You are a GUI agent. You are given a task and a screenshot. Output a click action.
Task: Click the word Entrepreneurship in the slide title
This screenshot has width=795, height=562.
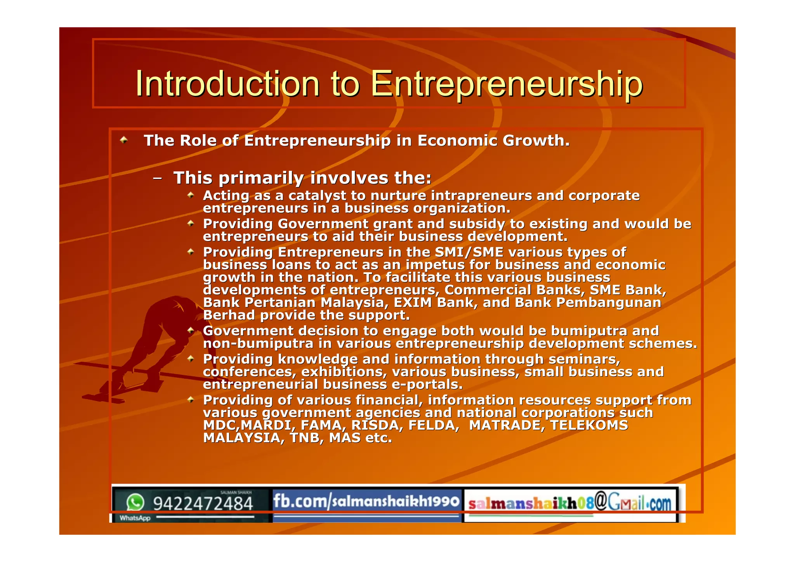[506, 85]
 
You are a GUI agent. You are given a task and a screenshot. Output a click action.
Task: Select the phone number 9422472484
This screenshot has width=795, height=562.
[203, 503]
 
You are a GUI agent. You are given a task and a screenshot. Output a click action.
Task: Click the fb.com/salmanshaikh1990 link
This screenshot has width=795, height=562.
[366, 501]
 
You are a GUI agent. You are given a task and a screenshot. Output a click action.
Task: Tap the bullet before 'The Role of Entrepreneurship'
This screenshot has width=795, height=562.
[124, 140]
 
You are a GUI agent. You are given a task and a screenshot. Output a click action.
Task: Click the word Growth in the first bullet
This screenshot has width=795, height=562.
[536, 140]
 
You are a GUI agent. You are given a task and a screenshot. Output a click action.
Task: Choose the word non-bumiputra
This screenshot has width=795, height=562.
[258, 343]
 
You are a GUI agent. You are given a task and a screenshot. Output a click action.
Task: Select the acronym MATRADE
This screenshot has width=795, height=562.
[505, 425]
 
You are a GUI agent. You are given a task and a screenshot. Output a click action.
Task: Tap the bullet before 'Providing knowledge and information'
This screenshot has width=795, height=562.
[191, 359]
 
